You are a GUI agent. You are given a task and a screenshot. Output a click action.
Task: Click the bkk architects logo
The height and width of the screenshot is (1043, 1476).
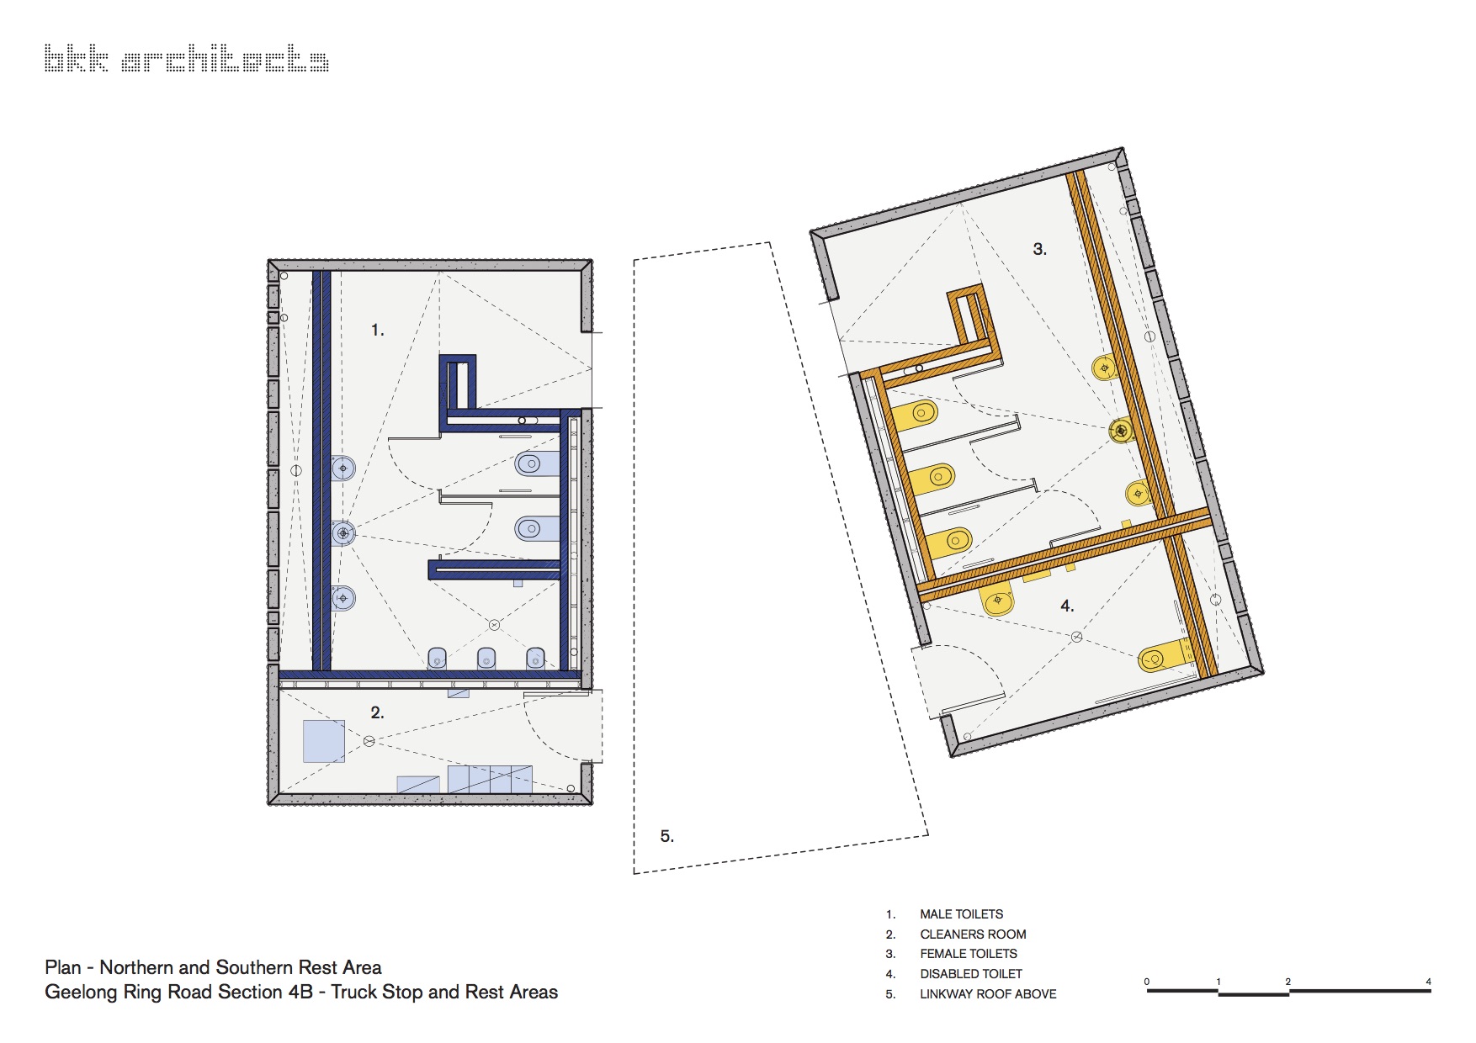186,59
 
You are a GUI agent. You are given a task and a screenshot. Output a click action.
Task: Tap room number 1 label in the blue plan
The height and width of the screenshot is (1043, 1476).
377,331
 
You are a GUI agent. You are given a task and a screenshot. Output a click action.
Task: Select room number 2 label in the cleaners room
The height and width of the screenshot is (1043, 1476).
377,713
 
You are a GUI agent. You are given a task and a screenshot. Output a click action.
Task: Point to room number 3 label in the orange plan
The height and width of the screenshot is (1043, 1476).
1039,249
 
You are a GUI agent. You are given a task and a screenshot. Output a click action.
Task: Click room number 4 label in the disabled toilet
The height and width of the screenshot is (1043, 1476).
1067,606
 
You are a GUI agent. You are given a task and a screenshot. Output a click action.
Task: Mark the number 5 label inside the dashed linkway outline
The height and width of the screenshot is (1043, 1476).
667,836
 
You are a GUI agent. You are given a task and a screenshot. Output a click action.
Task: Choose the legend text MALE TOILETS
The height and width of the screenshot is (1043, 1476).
961,914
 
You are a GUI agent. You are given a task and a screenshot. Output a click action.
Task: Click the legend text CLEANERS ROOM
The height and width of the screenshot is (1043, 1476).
973,934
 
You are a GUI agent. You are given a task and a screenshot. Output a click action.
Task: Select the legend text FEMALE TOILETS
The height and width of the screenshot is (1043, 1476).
969,954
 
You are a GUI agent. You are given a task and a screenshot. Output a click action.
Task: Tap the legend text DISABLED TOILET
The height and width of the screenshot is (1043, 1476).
971,974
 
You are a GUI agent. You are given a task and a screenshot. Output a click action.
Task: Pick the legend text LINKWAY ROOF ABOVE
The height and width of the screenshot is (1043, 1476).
988,994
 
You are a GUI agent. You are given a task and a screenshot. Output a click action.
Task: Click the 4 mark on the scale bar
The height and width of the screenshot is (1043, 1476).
1428,982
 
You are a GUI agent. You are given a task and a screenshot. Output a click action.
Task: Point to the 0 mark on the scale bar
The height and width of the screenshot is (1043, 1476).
1147,982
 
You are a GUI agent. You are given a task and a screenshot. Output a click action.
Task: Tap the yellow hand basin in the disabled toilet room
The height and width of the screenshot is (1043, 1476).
997,601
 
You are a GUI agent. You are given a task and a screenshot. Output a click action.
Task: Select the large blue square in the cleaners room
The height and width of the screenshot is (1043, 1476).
324,741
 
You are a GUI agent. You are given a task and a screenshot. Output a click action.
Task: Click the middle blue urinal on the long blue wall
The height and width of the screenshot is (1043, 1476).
343,533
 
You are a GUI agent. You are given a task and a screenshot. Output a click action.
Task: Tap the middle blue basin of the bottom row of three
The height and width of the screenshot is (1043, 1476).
486,659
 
